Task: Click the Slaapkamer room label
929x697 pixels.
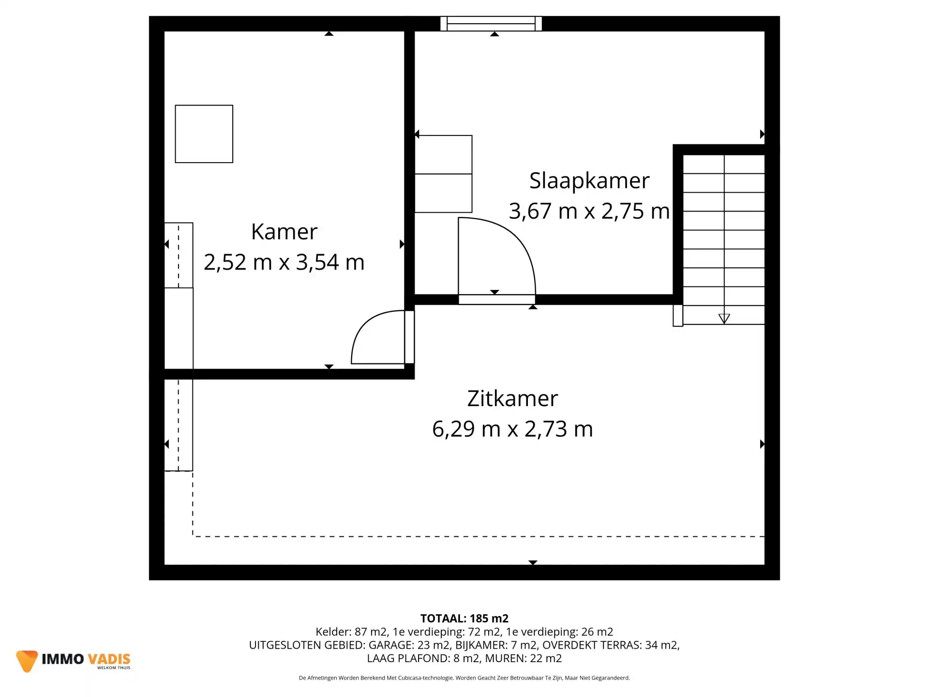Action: pos(589,181)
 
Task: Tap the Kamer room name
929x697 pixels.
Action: pos(284,232)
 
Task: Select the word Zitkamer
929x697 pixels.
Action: pos(512,399)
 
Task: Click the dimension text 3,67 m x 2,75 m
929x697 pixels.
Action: pos(589,212)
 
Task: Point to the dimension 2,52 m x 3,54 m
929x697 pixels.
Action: pos(284,262)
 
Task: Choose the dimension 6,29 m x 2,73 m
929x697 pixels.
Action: pos(512,429)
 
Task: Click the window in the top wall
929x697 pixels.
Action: pos(491,24)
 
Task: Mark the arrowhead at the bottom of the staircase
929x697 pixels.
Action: pos(724,318)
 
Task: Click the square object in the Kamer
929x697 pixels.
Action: pos(204,134)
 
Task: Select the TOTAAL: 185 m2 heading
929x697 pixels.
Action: pos(464,619)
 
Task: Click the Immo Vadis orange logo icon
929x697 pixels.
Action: pos(27,661)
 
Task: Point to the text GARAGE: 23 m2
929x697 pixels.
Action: pos(409,645)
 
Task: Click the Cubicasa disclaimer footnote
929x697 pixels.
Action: pos(464,678)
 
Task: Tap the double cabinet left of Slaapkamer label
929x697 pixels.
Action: pos(443,174)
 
